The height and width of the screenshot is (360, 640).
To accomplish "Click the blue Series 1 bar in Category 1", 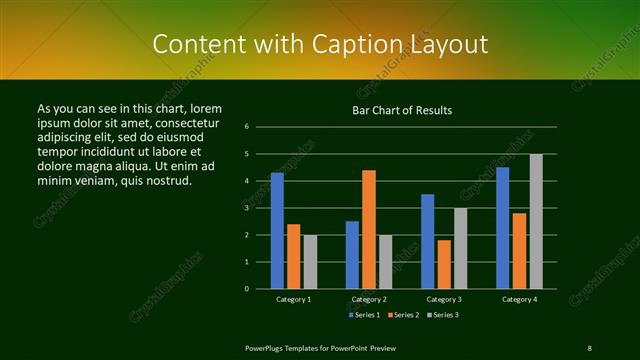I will (x=277, y=230).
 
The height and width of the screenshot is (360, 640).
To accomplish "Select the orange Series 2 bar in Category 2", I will (x=369, y=229).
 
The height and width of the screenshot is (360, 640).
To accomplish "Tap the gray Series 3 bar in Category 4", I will (x=536, y=221).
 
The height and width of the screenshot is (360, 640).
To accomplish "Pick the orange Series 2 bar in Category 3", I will (x=444, y=264).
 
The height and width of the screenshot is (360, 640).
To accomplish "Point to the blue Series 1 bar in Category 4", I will (x=503, y=228).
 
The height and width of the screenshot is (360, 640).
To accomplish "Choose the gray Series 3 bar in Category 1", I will (x=310, y=261).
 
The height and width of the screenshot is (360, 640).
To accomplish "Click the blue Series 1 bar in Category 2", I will (x=352, y=254).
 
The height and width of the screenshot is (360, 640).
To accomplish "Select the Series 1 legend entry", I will (x=364, y=315).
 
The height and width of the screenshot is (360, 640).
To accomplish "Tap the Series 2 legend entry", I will (x=404, y=315).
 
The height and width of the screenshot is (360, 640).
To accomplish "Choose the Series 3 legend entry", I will (x=444, y=315).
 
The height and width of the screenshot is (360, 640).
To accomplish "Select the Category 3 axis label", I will (x=444, y=299).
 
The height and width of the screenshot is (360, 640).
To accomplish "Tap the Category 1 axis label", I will (x=294, y=299).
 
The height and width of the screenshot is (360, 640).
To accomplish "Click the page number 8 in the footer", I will (x=589, y=347).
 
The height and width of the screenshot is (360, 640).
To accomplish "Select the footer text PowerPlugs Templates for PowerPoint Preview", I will (x=320, y=347).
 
